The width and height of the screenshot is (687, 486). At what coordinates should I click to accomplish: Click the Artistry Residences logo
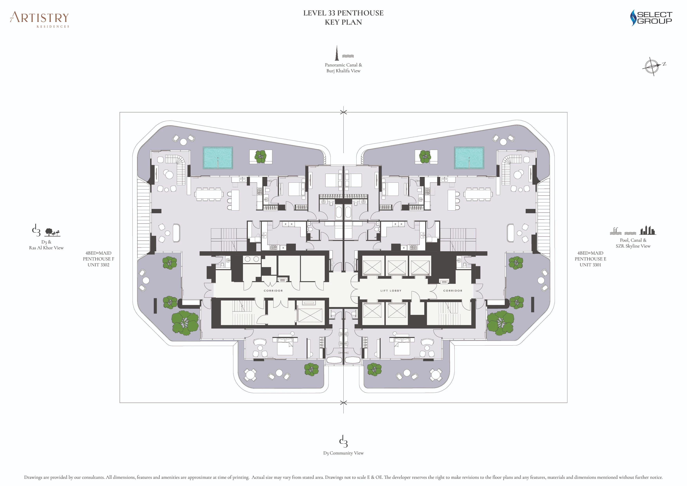pos(40,19)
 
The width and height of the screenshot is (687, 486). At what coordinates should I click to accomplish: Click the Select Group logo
pos(651,18)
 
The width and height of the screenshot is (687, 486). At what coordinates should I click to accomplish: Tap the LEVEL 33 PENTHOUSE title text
pos(343,13)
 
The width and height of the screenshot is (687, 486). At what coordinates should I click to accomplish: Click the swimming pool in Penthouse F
pos(218,158)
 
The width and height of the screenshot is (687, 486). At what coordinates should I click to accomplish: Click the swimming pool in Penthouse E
pos(469,158)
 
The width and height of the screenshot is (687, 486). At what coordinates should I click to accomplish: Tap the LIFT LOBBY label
pos(391,291)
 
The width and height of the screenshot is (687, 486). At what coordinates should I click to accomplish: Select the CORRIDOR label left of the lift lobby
pos(273,291)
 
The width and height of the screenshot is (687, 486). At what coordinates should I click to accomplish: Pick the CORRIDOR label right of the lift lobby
pos(453,291)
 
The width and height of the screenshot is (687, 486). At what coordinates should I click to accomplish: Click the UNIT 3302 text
pos(98,265)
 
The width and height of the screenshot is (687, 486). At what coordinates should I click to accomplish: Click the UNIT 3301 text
pos(590,265)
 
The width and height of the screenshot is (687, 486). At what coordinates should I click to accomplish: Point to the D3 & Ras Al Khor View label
pos(46,245)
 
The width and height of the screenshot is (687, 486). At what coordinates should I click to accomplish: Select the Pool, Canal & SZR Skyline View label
pos(633,243)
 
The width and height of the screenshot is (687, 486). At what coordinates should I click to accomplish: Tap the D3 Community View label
pos(343,453)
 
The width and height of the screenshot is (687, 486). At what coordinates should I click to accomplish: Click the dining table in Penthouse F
pos(209,194)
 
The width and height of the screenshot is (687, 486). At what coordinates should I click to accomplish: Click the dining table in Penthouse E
pos(478,194)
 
